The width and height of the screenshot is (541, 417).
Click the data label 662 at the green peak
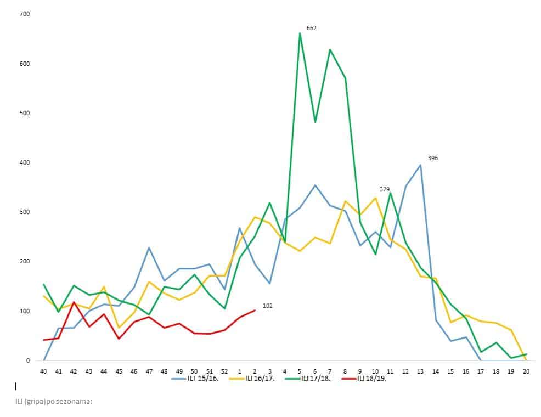[x=311, y=28]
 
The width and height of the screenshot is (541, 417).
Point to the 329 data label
[x=384, y=189]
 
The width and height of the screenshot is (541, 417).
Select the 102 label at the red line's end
[x=268, y=306]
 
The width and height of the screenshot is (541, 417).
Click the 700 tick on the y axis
[x=24, y=14]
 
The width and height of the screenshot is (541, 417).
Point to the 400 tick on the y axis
[x=24, y=162]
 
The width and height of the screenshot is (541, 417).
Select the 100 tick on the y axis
[x=24, y=311]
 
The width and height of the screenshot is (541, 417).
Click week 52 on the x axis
[x=224, y=371]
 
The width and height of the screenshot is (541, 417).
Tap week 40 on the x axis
[x=43, y=371]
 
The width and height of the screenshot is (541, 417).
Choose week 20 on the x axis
[x=526, y=371]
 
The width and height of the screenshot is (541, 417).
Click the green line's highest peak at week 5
[x=300, y=33]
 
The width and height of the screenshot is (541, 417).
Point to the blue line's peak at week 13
[x=420, y=165]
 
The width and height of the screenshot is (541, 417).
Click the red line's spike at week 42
[x=74, y=302]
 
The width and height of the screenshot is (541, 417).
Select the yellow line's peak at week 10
[x=375, y=198]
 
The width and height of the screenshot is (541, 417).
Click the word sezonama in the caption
[x=76, y=401]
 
